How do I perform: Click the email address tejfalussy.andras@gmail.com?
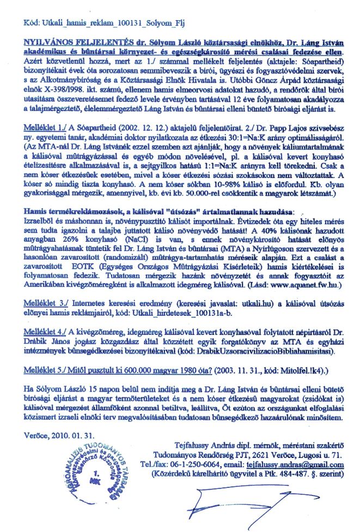[x=300, y=464]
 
